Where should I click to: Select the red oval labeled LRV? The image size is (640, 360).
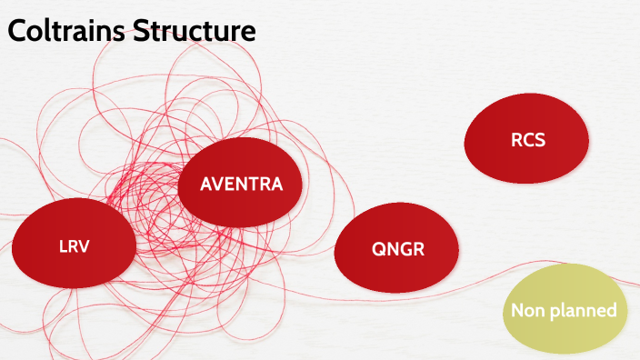pyautogui.click(x=74, y=245)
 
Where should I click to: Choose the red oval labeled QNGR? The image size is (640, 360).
pyautogui.click(x=397, y=249)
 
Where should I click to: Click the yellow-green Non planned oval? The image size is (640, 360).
pyautogui.click(x=564, y=310)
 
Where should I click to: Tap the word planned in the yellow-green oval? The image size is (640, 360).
pyautogui.click(x=582, y=311)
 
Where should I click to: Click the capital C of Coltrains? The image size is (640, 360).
pyautogui.click(x=18, y=31)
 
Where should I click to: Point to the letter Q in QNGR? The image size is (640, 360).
pyautogui.click(x=378, y=249)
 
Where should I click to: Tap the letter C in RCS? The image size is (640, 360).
pyautogui.click(x=527, y=141)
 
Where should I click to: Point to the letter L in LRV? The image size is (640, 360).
pyautogui.click(x=63, y=245)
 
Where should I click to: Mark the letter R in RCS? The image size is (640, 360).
pyautogui.click(x=515, y=141)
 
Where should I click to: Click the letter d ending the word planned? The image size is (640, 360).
pyautogui.click(x=612, y=310)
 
